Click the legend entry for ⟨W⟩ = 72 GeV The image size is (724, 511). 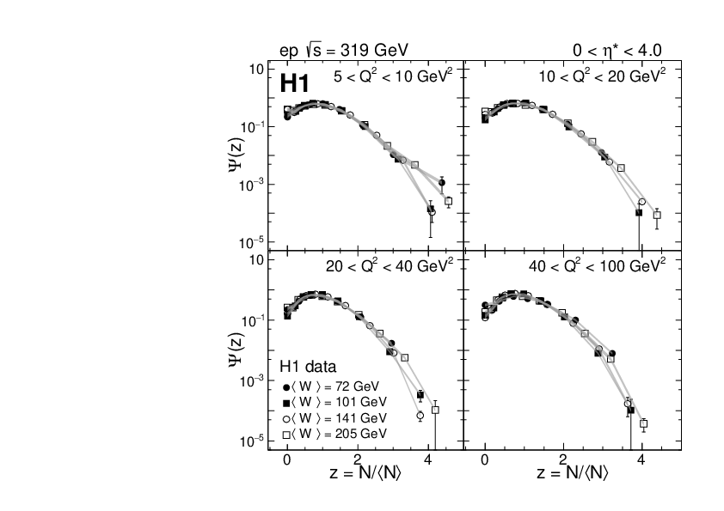[335, 386]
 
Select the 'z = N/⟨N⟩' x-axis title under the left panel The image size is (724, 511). [365, 473]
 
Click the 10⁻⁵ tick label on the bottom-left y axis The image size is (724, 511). [250, 441]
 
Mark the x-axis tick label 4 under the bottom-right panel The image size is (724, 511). [643, 459]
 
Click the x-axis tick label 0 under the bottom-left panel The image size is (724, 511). [287, 459]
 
